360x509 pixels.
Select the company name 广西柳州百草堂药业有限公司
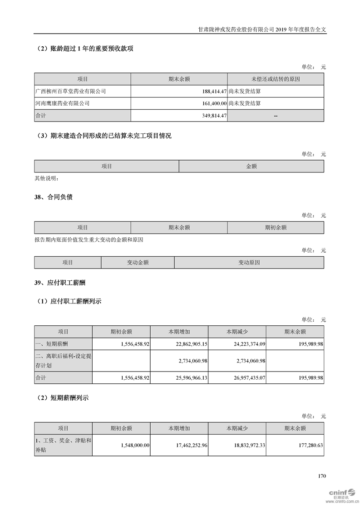70,91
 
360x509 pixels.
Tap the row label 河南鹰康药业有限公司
62,103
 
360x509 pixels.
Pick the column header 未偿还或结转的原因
276,79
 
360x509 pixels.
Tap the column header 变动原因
249,263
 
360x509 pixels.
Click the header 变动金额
138,263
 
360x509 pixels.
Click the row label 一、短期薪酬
51,344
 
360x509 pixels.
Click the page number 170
322,476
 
